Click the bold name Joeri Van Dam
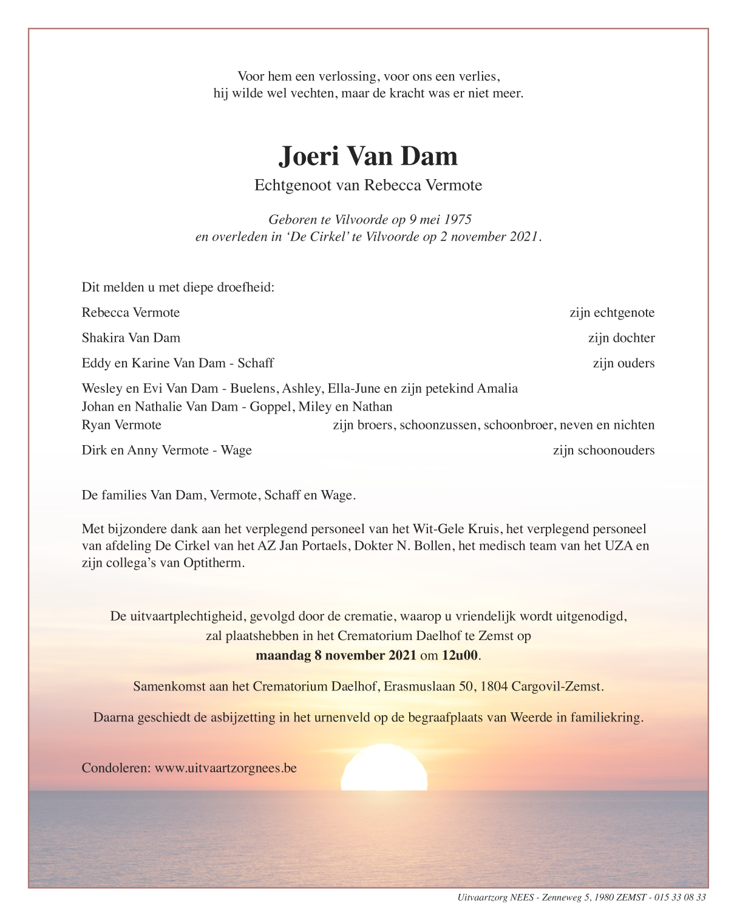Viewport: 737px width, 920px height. click(x=368, y=156)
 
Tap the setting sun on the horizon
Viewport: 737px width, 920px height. click(x=384, y=768)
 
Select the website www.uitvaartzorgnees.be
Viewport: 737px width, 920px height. click(x=226, y=768)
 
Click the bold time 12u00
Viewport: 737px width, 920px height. click(x=460, y=655)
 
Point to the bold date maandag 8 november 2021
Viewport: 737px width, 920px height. click(x=336, y=655)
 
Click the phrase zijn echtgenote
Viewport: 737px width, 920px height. click(x=612, y=313)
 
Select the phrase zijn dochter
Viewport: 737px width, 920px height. click(x=621, y=338)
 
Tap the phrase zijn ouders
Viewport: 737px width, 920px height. click(x=623, y=363)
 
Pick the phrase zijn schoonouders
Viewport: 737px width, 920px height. click(x=603, y=450)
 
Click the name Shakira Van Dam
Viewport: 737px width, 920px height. click(x=131, y=338)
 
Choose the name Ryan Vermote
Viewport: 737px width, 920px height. click(x=121, y=424)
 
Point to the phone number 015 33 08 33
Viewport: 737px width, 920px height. click(x=680, y=898)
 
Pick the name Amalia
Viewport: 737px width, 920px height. click(x=497, y=388)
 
